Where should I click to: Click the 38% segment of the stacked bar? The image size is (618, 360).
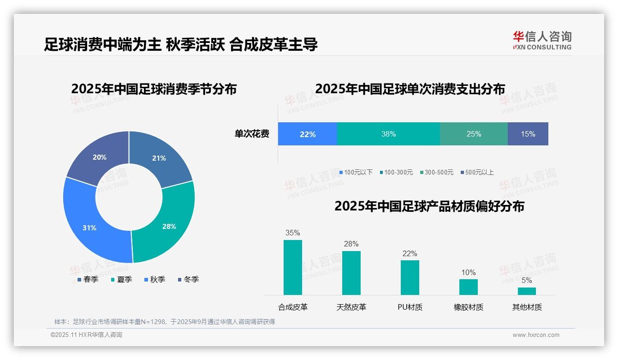point(388,134)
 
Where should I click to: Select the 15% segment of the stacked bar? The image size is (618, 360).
point(528,134)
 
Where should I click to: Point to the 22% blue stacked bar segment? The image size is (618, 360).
point(307,134)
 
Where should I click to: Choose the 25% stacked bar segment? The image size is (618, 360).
point(474,134)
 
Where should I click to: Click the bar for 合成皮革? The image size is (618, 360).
point(293,267)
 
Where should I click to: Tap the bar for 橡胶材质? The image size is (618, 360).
point(469,287)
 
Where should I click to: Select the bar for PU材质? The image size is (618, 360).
point(410,277)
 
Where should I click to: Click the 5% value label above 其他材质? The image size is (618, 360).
point(527,280)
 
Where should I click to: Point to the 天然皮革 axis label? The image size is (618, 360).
point(351,307)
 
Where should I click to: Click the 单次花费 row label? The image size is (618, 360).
point(252,134)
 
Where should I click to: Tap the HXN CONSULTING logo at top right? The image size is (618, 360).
point(542,40)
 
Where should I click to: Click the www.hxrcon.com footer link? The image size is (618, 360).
point(536,335)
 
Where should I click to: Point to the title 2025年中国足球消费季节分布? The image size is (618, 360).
point(154,89)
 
